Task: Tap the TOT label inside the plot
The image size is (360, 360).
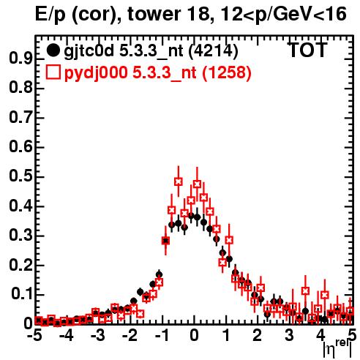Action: (308, 50)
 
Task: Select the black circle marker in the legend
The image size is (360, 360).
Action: (53, 50)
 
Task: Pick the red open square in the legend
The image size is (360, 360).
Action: (53, 72)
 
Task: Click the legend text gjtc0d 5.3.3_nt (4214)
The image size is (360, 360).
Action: (151, 51)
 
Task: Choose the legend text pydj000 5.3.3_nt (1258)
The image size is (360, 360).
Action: (158, 73)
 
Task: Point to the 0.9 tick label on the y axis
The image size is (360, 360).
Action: (20, 59)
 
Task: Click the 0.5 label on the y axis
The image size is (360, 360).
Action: (20, 176)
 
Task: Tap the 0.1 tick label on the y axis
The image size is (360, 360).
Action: (22, 294)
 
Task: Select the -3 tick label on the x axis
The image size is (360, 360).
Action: (98, 335)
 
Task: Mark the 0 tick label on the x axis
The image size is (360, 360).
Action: (194, 335)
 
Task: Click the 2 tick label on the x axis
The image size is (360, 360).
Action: (258, 335)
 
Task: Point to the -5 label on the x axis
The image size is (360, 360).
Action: (34, 335)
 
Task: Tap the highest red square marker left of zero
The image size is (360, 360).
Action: (179, 181)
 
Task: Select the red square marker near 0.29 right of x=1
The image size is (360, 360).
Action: (229, 240)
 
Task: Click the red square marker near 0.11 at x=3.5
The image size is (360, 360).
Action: (305, 290)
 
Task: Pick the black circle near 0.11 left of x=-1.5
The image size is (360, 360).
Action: (140, 291)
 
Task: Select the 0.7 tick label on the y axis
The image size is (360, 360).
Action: (20, 117)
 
